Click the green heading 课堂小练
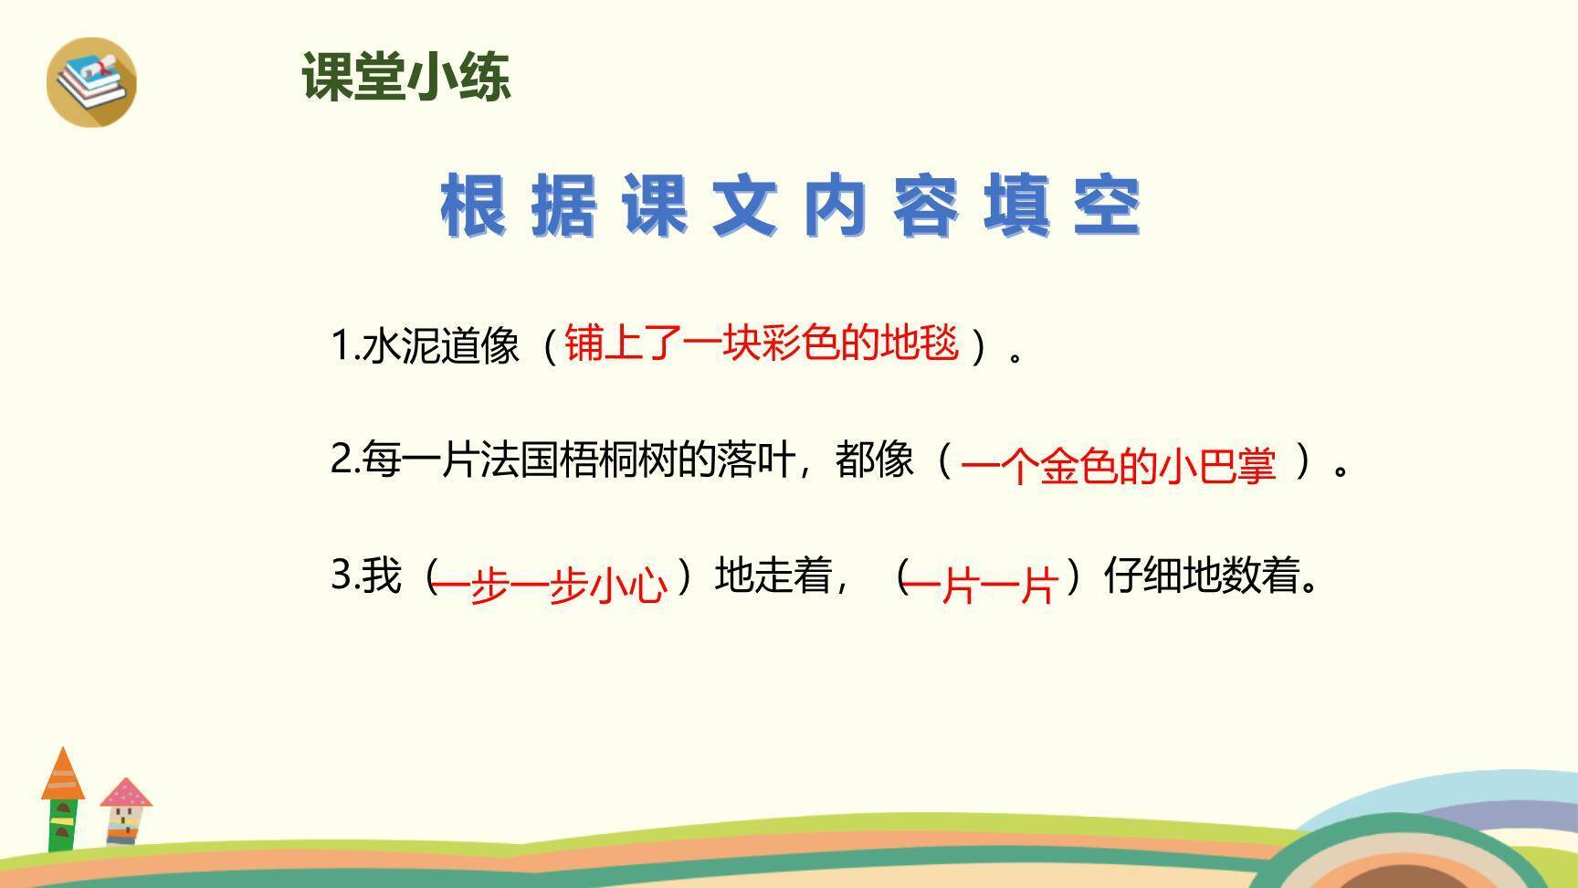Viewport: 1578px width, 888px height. [405, 77]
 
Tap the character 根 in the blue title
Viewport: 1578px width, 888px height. [473, 206]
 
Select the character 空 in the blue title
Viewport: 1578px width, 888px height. [1107, 206]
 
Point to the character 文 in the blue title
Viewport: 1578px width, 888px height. [744, 206]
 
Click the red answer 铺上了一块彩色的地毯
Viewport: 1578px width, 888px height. [762, 344]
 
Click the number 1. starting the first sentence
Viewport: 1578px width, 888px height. [344, 346]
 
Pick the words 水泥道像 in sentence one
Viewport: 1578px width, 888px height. [441, 346]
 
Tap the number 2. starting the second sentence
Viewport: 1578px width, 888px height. [344, 460]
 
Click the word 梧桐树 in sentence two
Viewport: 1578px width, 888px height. [617, 460]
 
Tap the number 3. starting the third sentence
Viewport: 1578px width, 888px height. [344, 576]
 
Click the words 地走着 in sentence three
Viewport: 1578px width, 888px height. [773, 576]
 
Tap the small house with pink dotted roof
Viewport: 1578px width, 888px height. [125, 811]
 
